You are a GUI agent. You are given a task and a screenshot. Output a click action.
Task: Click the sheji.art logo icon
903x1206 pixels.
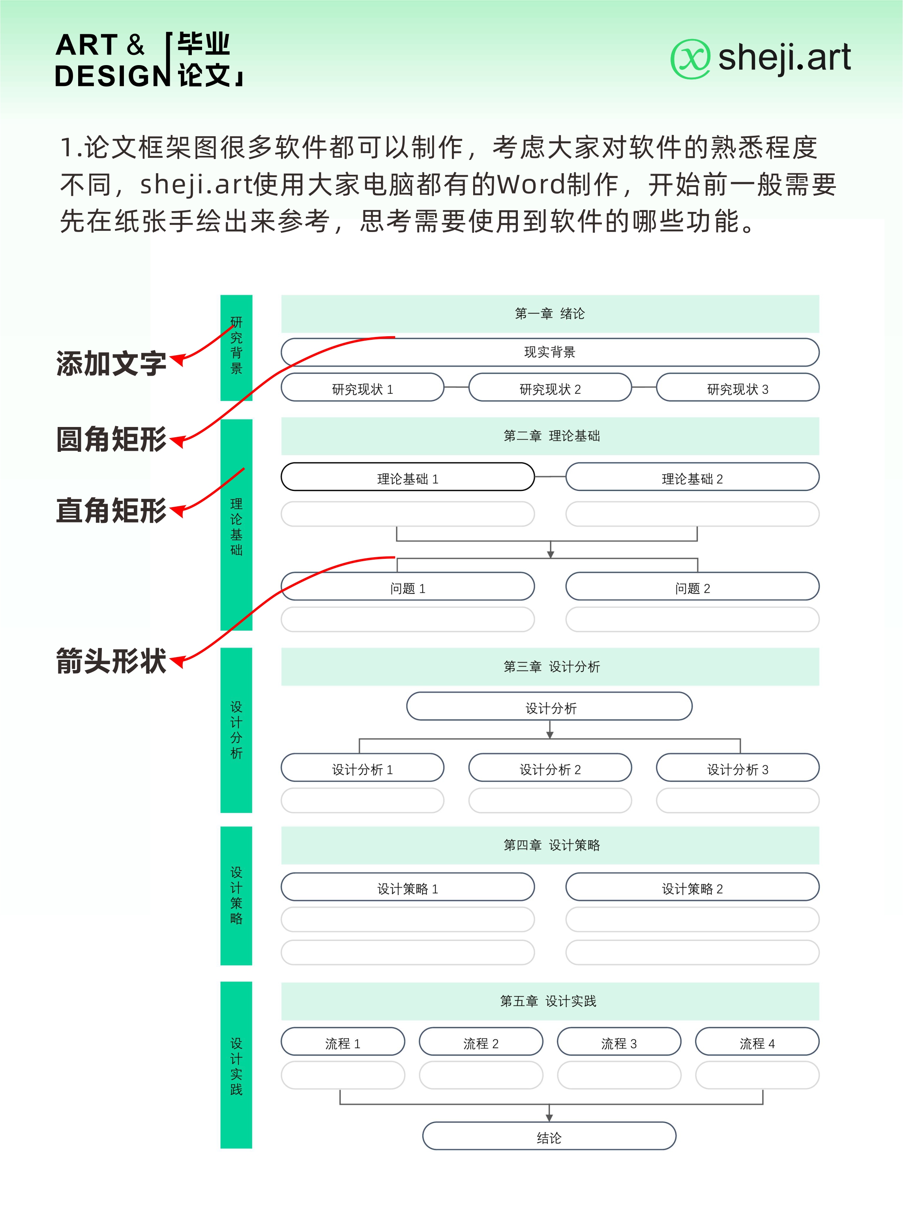coord(690,59)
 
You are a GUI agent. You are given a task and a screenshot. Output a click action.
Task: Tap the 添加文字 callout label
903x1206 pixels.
coord(111,363)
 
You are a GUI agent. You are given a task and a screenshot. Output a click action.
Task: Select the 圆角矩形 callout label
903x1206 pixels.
coord(111,440)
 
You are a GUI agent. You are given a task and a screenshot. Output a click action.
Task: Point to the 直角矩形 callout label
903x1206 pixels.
coord(111,511)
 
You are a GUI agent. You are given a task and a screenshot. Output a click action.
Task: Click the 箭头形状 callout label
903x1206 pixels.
coord(111,661)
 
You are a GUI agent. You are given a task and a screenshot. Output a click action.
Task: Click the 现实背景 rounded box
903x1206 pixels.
coord(550,352)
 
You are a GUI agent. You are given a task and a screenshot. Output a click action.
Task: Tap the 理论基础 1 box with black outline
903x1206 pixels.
coord(407,477)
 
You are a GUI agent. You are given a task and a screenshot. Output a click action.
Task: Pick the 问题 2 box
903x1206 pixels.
coord(692,587)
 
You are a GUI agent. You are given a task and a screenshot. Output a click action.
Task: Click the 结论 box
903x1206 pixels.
coord(549,1136)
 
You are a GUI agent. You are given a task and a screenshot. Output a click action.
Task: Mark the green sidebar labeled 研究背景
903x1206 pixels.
coord(236,348)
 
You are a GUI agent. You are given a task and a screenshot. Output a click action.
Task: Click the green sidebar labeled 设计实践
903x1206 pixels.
coord(236,1065)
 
